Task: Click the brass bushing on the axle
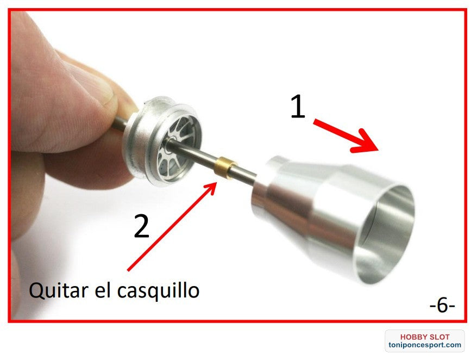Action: tap(225, 167)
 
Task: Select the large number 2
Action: tap(141, 226)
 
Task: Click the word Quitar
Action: tap(59, 290)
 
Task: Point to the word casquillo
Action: tap(158, 290)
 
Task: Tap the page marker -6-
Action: tap(442, 306)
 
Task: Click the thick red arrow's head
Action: tap(366, 143)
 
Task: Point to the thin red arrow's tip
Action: tap(216, 182)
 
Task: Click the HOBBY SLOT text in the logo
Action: tap(425, 337)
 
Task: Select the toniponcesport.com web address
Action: tap(424, 345)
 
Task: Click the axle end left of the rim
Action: tap(120, 124)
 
